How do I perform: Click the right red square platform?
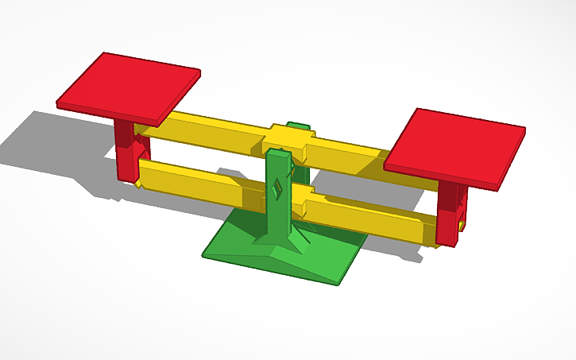[454, 148]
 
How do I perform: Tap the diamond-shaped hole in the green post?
[277, 188]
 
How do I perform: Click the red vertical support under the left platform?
[125, 151]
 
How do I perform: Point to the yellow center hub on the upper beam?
[288, 138]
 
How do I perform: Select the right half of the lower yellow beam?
[365, 219]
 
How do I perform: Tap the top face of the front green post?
[277, 153]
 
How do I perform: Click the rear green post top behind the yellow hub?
[299, 125]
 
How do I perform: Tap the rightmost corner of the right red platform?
[525, 127]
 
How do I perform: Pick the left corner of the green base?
[204, 254]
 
